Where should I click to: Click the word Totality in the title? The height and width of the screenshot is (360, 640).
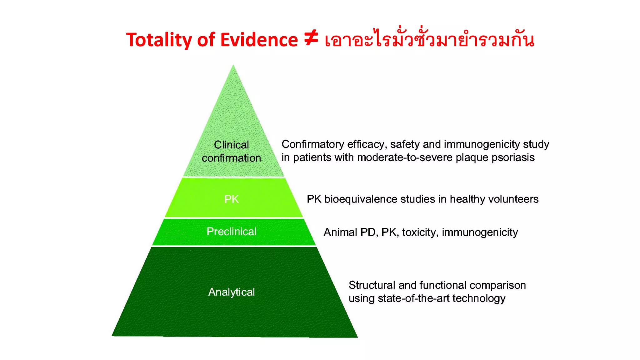click(x=159, y=40)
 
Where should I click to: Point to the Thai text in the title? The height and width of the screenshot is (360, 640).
click(x=429, y=39)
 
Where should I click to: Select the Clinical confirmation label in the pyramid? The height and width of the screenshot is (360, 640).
click(x=231, y=151)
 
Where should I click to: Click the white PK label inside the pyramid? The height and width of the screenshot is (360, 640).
click(x=232, y=199)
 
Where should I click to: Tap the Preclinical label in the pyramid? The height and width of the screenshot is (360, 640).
click(x=232, y=232)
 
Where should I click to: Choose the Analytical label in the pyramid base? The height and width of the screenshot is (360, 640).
click(x=232, y=292)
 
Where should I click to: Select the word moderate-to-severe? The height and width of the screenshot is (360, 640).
click(x=405, y=157)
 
